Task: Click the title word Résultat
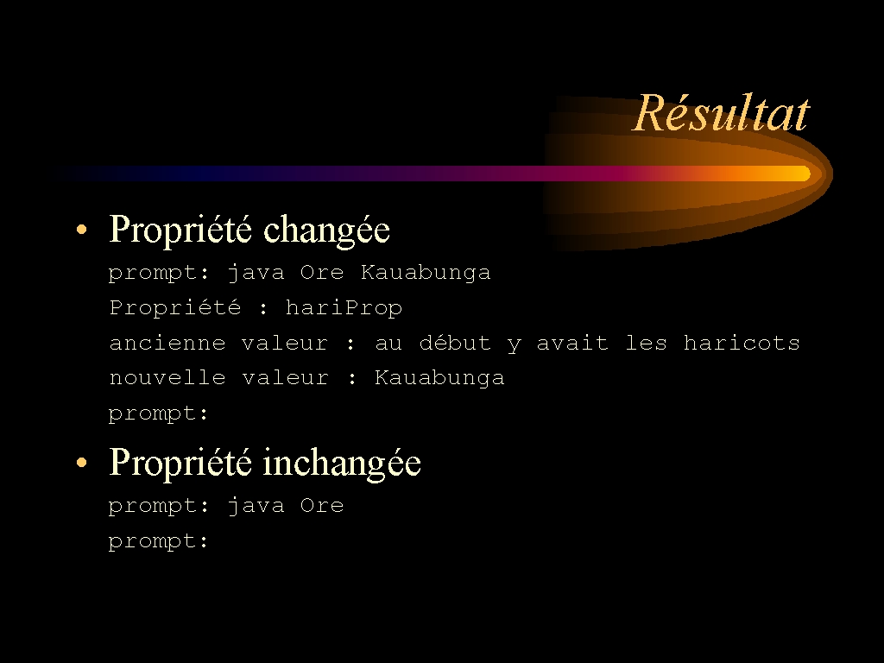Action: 722,113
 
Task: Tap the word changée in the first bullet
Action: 326,230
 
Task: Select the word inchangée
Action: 342,464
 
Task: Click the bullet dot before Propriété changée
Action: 82,229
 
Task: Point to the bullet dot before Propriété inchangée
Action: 82,463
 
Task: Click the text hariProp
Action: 344,308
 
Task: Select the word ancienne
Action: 167,343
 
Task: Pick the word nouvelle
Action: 167,377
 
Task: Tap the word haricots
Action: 742,342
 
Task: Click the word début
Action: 455,342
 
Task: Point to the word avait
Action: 572,343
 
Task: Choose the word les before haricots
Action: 646,342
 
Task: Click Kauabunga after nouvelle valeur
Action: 439,377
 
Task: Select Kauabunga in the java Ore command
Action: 426,273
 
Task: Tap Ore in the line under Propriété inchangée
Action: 321,505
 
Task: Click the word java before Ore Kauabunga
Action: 256,273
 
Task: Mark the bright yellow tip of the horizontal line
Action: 804,174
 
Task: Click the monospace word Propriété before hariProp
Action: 174,308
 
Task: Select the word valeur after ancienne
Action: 285,343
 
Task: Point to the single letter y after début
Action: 514,344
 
